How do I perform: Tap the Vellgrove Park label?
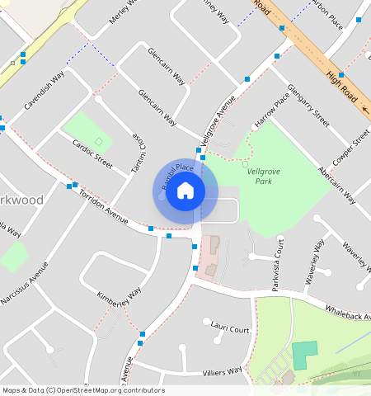pos(262,175)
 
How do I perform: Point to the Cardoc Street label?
pos(92,153)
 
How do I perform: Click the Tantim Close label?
pos(139,155)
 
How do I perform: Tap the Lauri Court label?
pos(230,329)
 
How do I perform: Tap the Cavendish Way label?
pos(44,92)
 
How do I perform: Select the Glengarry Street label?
pos(309,106)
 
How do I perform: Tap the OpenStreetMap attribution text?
pos(83,390)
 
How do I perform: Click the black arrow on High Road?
pos(364,108)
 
